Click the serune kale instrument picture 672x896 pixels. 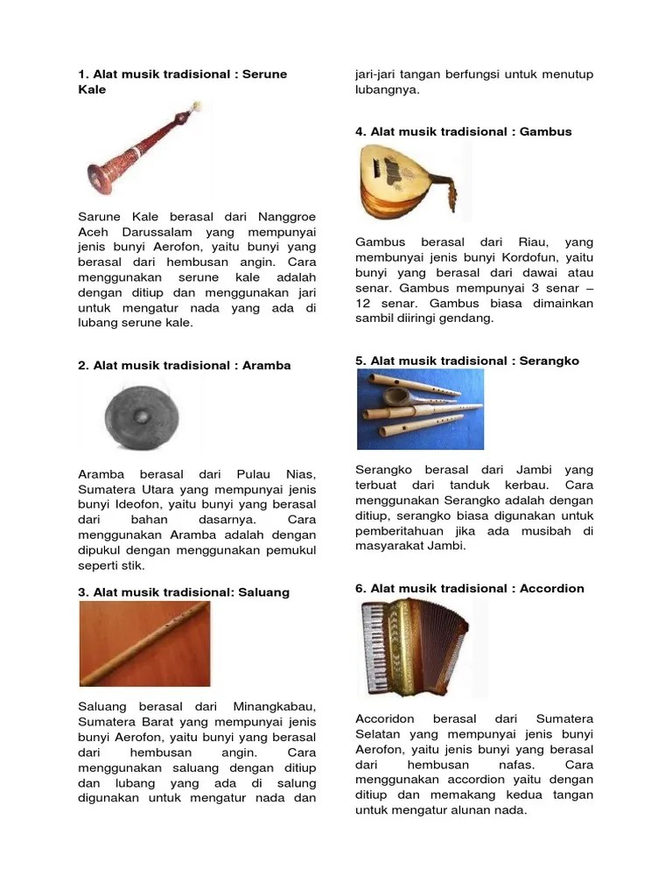[144, 149]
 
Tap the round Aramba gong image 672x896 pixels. [131, 418]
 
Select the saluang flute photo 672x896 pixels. [144, 643]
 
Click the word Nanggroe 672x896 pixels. [287, 216]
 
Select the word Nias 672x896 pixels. [296, 473]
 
